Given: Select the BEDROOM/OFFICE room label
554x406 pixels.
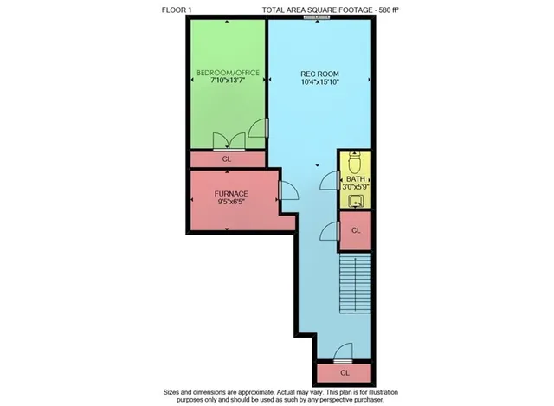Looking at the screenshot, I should [228, 72].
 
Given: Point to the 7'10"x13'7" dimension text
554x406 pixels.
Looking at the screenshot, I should [228, 81].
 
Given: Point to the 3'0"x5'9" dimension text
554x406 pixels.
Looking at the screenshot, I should [355, 187].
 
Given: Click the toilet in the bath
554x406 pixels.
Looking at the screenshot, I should [355, 163].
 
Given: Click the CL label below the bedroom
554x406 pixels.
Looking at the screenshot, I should [228, 159].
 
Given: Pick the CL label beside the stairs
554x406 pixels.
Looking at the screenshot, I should [356, 229].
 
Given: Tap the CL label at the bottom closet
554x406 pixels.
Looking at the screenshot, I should [344, 372].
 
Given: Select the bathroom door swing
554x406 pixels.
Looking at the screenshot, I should [330, 180].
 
